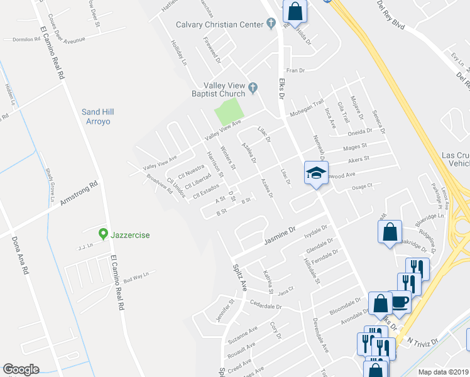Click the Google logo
pos(21,369)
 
